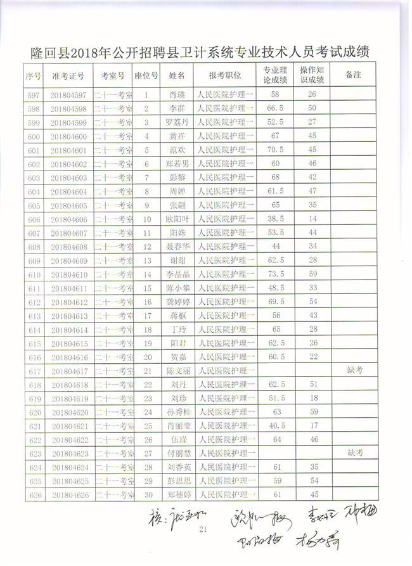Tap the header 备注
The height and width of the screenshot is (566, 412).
point(354,74)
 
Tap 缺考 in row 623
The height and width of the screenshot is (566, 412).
point(354,453)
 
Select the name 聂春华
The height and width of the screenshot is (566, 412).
point(177,247)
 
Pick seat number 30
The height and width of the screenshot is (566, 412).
point(148,494)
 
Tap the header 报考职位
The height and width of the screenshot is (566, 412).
point(225,75)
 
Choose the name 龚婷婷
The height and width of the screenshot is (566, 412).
point(177,302)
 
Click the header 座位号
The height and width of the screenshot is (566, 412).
point(146,75)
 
